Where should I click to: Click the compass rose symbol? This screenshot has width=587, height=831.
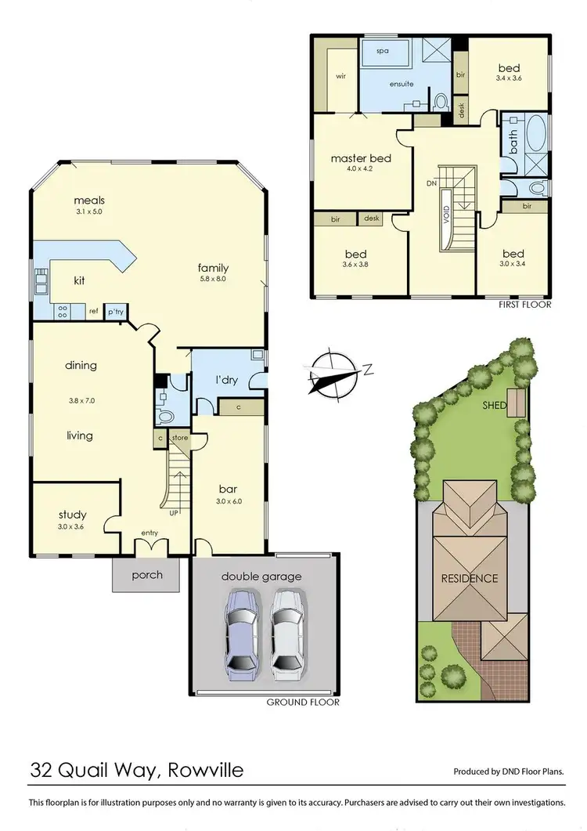(334, 371)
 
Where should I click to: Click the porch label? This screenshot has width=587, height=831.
(146, 575)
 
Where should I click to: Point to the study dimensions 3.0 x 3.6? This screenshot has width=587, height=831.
(72, 526)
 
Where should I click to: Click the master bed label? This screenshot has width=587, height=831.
(360, 158)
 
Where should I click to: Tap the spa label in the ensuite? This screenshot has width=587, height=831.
(383, 50)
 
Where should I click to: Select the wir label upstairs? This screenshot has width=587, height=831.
(340, 77)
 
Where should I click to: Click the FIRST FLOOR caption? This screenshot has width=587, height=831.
(524, 304)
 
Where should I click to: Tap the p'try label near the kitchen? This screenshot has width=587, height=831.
(116, 312)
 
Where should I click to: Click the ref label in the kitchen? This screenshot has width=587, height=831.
(93, 312)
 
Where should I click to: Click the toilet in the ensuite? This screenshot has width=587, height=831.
(441, 102)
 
